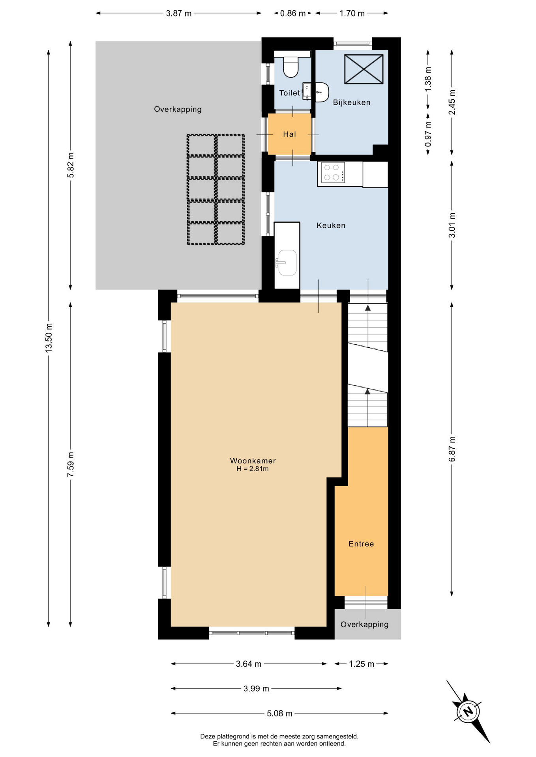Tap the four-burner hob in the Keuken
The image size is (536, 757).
[333, 172]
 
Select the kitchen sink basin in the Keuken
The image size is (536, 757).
[287, 263]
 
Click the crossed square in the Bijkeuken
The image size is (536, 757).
[364, 69]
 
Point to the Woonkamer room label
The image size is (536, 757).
[253, 461]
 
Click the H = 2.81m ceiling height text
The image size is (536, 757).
[253, 469]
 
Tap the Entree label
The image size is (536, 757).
[361, 544]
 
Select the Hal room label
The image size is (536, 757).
[289, 134]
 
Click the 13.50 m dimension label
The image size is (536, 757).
[49, 338]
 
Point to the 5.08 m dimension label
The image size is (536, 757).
[280, 713]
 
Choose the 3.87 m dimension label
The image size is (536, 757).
[179, 13]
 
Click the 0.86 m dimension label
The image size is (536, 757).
[293, 13]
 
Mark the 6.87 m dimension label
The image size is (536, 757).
[452, 449]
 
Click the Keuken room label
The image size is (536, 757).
[331, 226]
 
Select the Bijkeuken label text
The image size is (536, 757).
[352, 103]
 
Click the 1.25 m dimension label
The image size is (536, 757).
[362, 664]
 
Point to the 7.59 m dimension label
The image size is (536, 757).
[71, 464]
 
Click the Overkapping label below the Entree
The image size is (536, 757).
[365, 625]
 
